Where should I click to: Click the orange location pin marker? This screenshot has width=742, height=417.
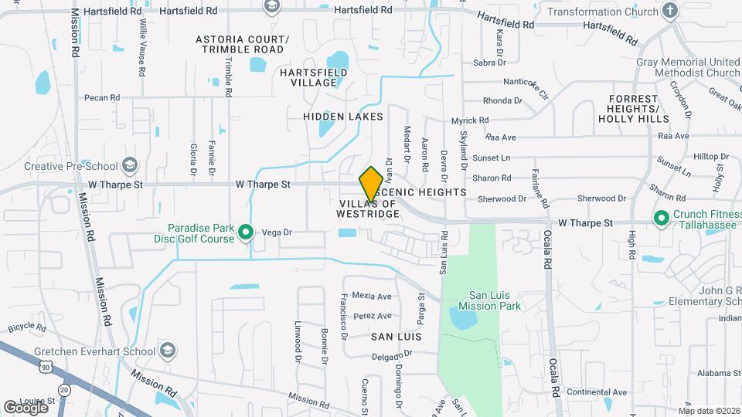point(371,184)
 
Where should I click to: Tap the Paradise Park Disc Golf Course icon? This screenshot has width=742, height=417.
point(246,232)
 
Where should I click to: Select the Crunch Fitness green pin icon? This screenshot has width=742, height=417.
point(661,219)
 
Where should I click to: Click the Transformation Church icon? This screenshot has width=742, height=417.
point(670,12)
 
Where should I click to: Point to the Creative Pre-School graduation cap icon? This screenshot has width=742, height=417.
point(130,165)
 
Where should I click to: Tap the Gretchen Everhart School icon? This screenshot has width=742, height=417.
point(166,350)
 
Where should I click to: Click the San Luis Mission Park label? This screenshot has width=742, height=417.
point(495,300)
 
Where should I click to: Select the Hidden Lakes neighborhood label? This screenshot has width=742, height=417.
point(343,117)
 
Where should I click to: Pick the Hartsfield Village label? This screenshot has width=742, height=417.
point(313,77)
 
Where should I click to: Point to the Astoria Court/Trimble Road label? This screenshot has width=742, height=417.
point(242,44)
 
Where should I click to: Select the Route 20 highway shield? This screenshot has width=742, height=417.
point(64,391)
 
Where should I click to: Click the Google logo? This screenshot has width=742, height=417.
point(26,407)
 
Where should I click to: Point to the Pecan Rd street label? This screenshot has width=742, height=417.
point(103,98)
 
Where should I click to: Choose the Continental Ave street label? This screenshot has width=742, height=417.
point(597,392)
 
